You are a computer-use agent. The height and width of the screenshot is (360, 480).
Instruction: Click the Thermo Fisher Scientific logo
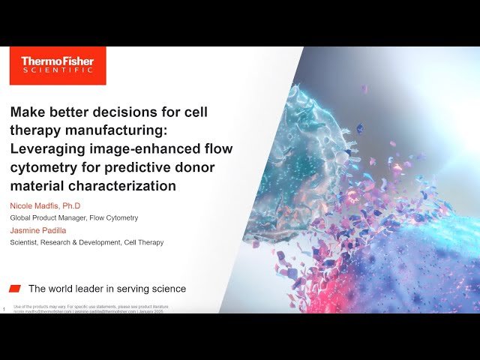58,65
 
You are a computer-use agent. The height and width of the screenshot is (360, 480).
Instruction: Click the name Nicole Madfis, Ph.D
46,205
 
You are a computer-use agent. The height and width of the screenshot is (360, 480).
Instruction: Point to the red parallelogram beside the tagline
15,289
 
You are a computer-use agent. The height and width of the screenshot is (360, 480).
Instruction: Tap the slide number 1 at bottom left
4,309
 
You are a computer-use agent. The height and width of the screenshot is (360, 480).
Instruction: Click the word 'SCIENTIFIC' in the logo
58,70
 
